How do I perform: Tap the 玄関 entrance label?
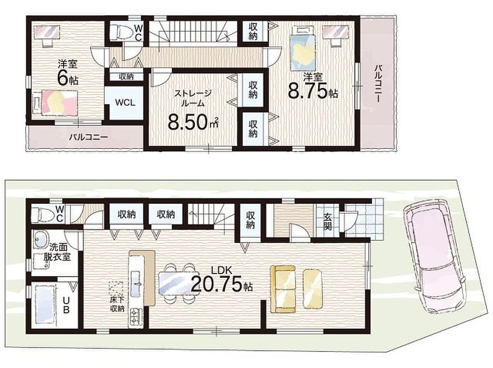tap(328, 222)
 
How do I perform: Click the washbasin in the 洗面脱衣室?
tap(40, 240)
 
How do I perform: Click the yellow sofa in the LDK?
tap(283, 289)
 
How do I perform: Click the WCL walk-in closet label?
tap(125, 103)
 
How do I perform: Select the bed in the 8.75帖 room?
tap(302, 49)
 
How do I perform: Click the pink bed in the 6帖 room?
tap(55, 102)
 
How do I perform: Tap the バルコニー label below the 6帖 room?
tap(88, 137)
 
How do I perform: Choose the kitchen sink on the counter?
tap(136, 284)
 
